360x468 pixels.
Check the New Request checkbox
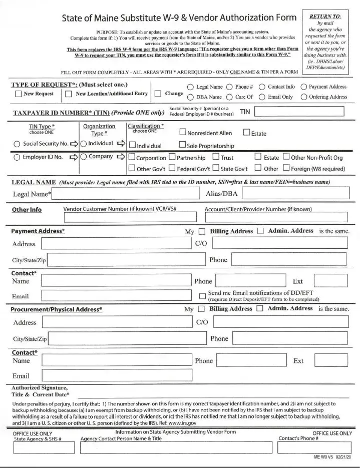tap(18, 94)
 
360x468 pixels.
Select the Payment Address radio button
tap(303, 87)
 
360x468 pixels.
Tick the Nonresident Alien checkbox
tap(183, 133)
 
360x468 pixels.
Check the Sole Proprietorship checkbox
tap(183, 146)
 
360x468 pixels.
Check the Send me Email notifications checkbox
tap(202, 296)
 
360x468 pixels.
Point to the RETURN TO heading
tap(326, 16)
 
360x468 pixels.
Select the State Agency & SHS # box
tap(43, 447)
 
